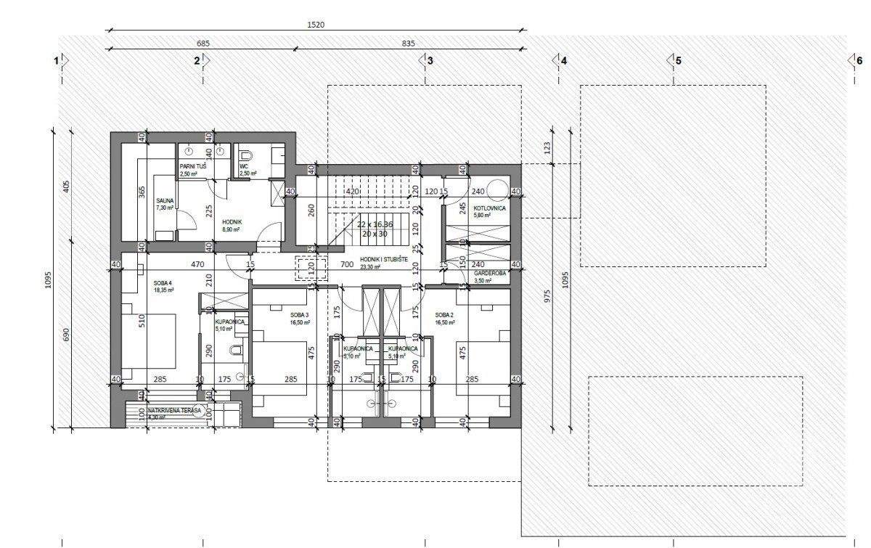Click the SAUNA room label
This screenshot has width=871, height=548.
[x=165, y=203]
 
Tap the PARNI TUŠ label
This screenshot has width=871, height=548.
[x=194, y=166]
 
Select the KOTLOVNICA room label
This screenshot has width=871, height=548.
[x=489, y=208]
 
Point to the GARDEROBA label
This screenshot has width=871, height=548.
[x=490, y=274]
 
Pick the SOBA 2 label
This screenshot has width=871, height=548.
[x=444, y=315]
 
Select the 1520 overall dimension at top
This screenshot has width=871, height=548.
[x=316, y=25]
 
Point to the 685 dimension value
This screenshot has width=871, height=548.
[x=203, y=44]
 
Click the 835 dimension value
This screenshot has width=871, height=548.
[x=408, y=44]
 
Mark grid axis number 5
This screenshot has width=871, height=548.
[x=678, y=61]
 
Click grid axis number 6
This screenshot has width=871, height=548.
[x=859, y=61]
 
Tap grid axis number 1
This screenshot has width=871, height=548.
[x=56, y=61]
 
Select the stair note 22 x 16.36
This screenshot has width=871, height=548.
[x=375, y=224]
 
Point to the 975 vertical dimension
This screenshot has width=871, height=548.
[x=547, y=295]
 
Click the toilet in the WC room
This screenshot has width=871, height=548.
[x=245, y=154]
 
